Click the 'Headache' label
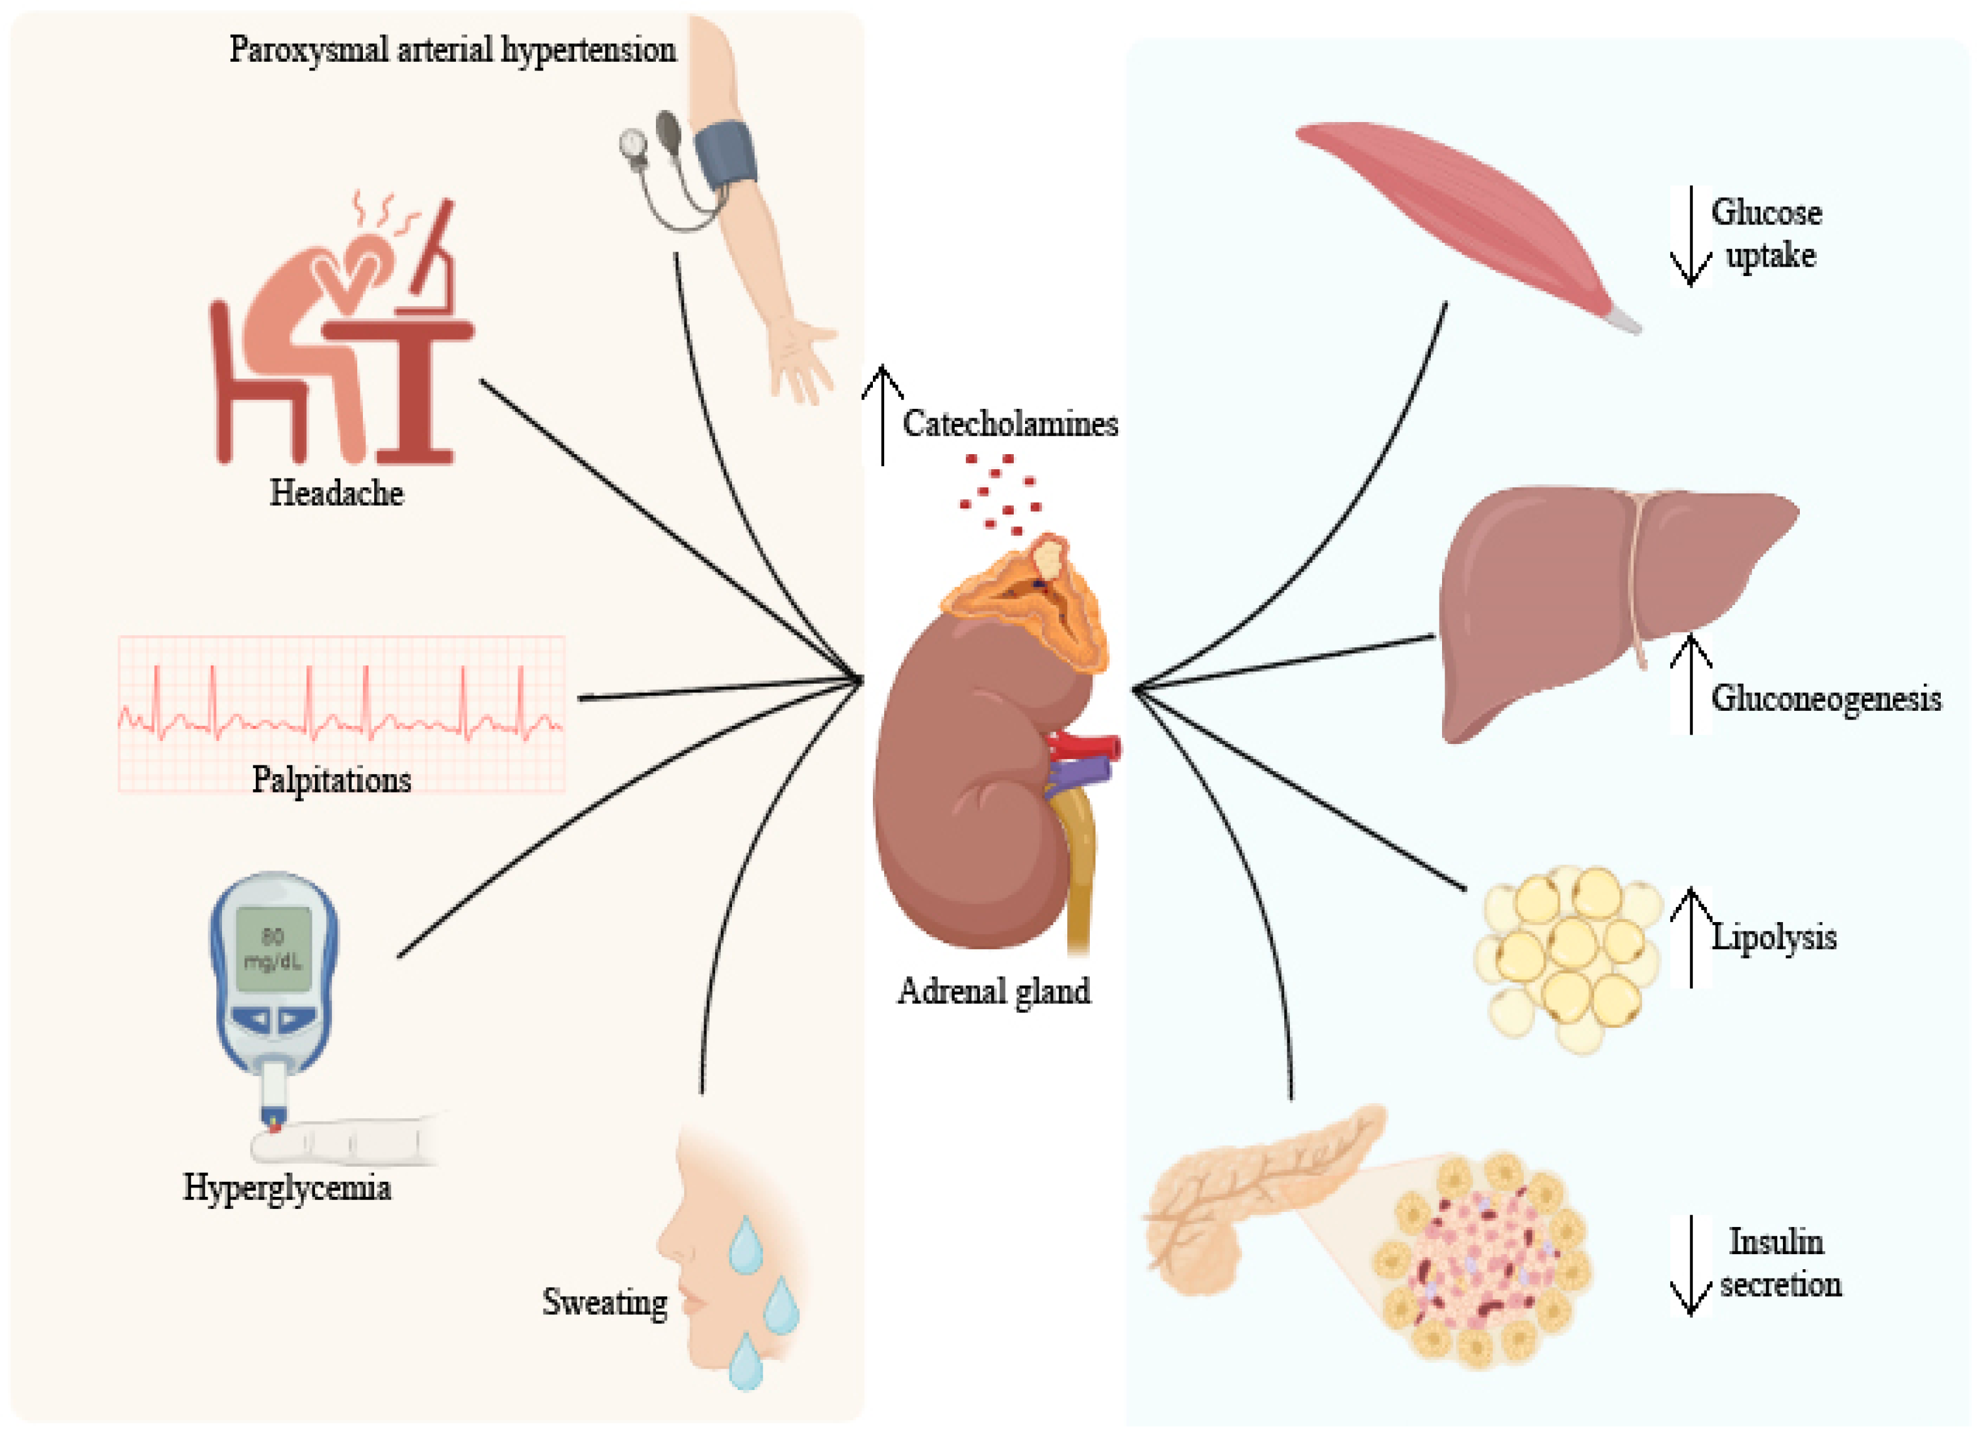(x=336, y=494)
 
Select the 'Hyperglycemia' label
(x=287, y=1187)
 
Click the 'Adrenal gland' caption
(x=994, y=991)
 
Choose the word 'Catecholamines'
(x=1010, y=423)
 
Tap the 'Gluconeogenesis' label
(x=1826, y=699)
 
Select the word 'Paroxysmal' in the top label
(x=308, y=50)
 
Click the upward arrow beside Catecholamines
(x=882, y=415)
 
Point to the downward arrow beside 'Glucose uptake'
(x=1691, y=236)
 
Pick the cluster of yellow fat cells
(x=1568, y=956)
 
